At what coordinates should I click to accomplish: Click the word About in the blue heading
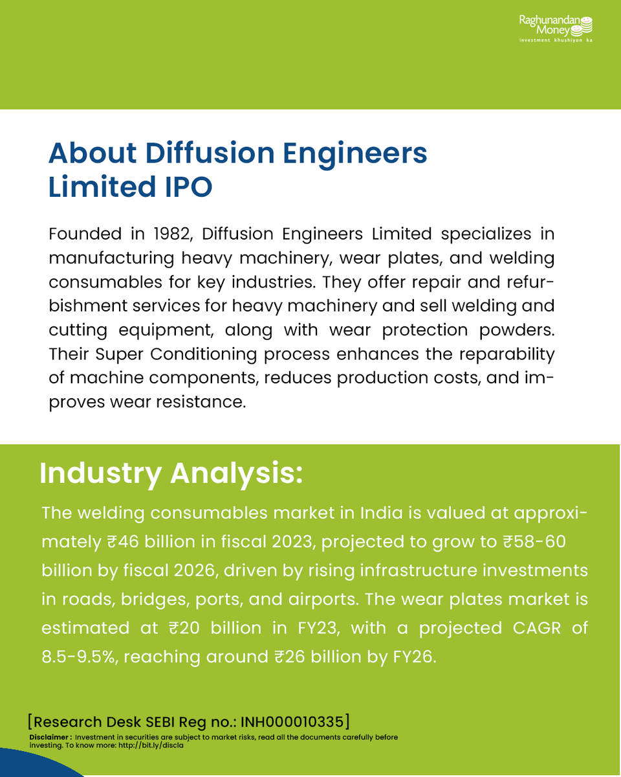[93, 153]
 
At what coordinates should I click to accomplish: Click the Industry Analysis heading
[171, 473]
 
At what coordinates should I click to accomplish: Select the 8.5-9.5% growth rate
[78, 656]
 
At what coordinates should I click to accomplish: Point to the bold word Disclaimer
[49, 738]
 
